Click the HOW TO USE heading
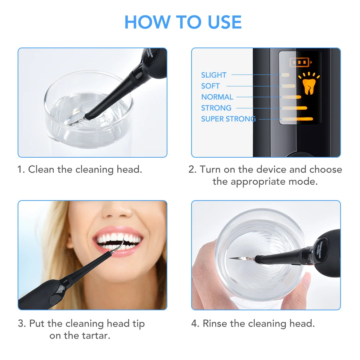[x=183, y=22]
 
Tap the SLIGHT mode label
[x=214, y=75]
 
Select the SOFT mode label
[x=210, y=86]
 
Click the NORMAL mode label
[x=217, y=97]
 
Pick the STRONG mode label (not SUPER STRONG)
[x=216, y=108]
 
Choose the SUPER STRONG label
[x=228, y=119]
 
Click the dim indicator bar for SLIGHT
[x=285, y=75]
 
